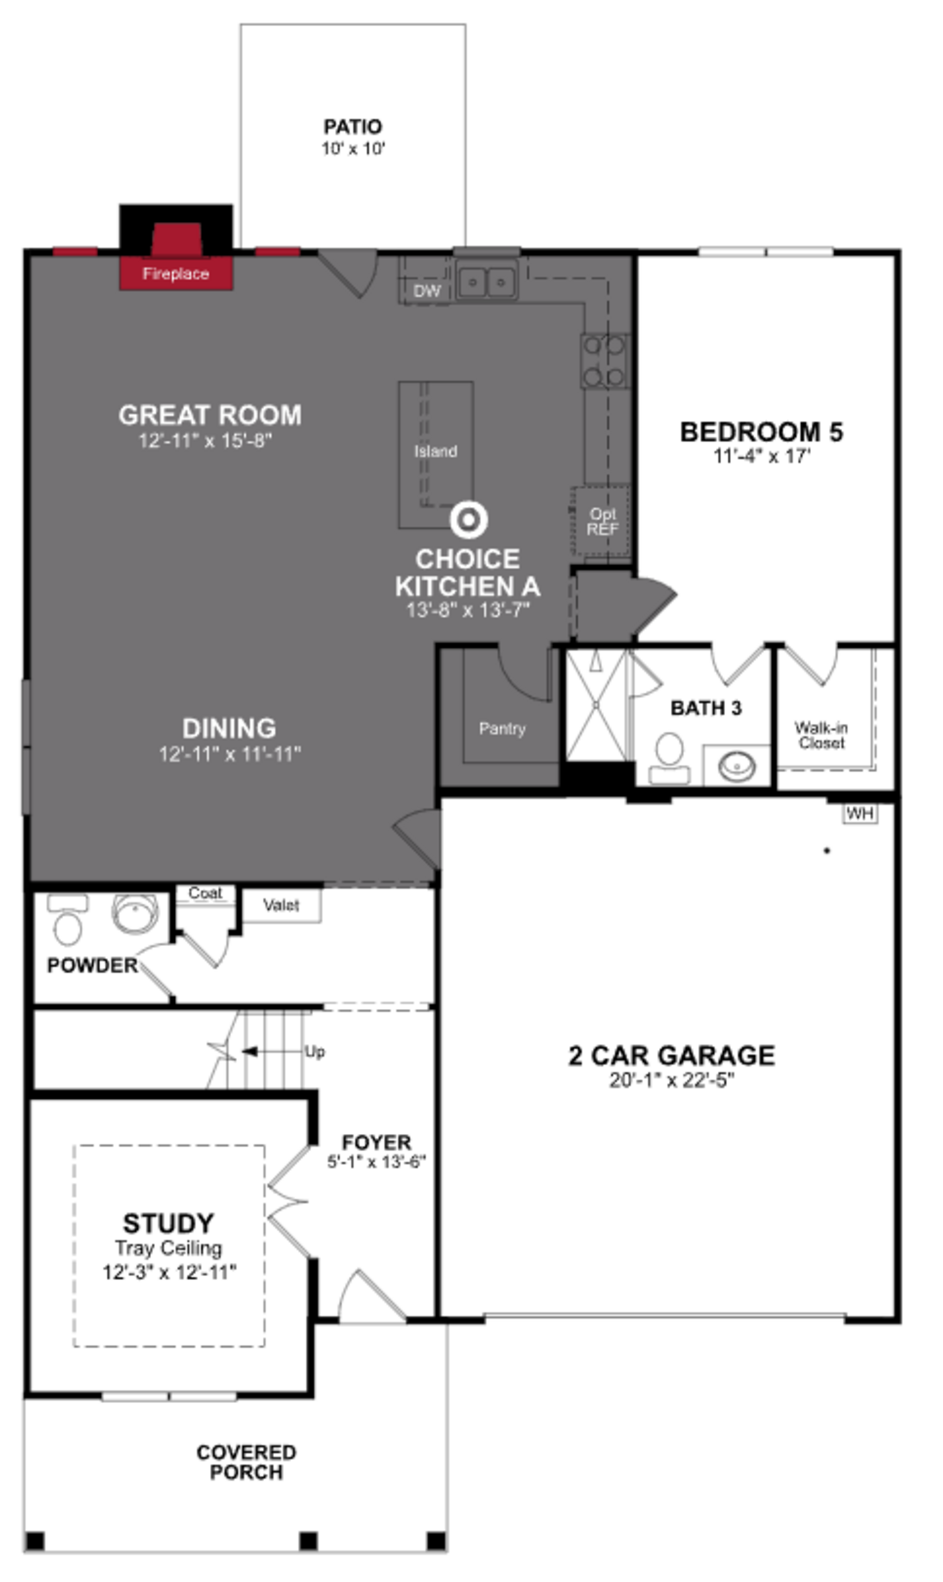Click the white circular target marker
click(468, 519)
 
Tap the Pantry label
click(502, 728)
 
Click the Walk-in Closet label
click(821, 735)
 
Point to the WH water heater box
click(860, 813)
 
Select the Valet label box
click(281, 905)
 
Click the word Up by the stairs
click(315, 1052)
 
